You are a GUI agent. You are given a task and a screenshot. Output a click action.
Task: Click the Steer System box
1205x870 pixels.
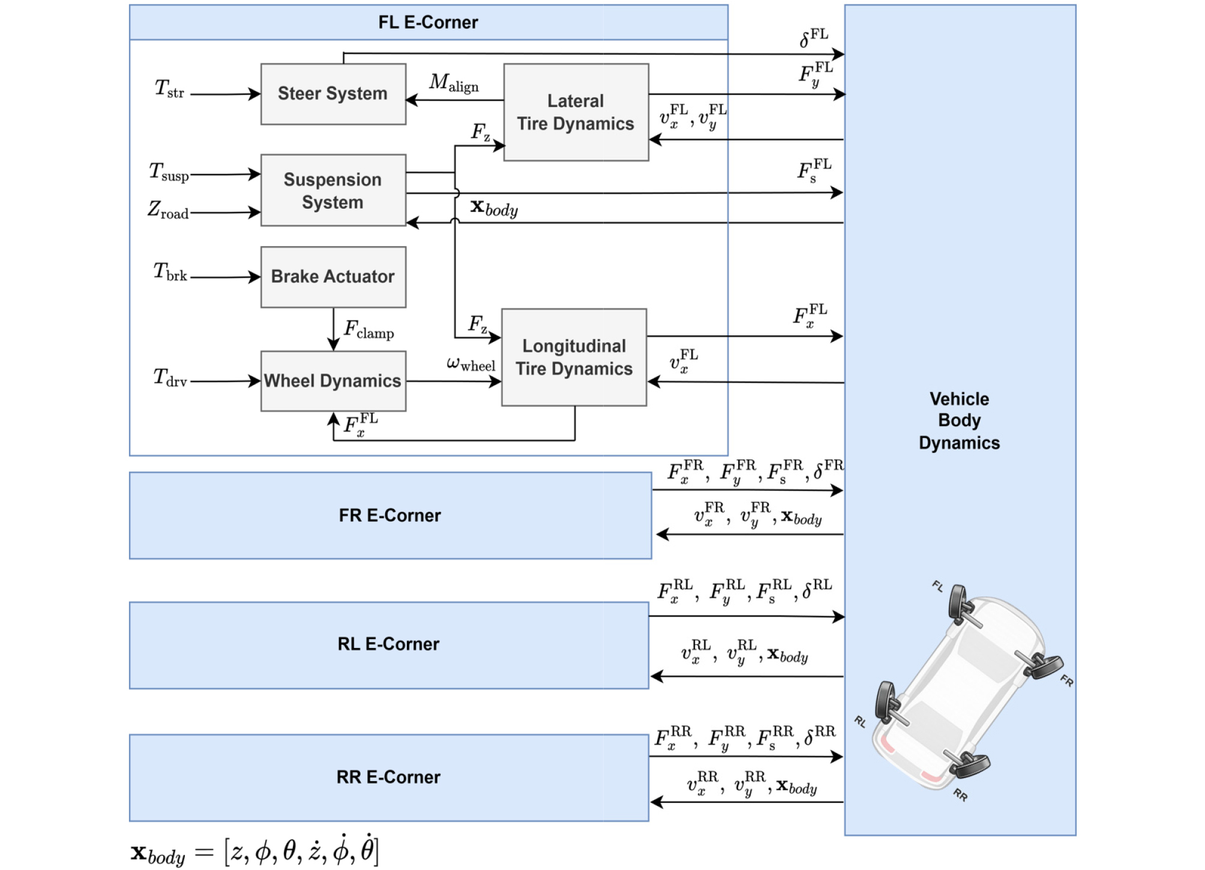pyautogui.click(x=333, y=94)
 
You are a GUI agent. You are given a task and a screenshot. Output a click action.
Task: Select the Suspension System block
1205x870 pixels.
pyautogui.click(x=333, y=190)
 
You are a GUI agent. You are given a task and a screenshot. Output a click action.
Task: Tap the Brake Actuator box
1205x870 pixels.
pyautogui.click(x=333, y=277)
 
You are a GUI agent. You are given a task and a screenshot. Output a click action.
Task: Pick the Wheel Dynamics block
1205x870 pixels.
pyautogui.click(x=333, y=381)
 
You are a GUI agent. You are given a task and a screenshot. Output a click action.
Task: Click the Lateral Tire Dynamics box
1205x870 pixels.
pyautogui.click(x=575, y=112)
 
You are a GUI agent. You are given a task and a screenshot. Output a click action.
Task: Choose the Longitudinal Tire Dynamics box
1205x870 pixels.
pyautogui.click(x=574, y=357)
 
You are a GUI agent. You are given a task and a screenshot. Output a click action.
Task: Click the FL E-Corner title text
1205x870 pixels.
pyautogui.click(x=428, y=23)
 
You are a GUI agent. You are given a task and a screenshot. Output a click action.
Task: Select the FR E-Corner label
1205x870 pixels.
pyautogui.click(x=390, y=515)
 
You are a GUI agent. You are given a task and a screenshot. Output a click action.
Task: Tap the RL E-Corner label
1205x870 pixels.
pyautogui.click(x=388, y=644)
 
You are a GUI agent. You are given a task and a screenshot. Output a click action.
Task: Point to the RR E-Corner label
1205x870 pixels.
pyautogui.click(x=388, y=778)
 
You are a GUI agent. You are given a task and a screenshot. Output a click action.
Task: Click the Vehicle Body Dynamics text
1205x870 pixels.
pyautogui.click(x=959, y=421)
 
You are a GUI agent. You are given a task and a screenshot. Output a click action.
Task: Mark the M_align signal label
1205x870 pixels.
pyautogui.click(x=454, y=83)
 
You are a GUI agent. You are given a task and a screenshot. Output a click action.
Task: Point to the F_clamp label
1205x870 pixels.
pyautogui.click(x=368, y=329)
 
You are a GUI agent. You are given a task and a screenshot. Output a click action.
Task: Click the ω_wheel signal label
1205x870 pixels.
pyautogui.click(x=470, y=364)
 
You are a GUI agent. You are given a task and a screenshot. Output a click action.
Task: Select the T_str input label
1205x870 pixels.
pyautogui.click(x=169, y=89)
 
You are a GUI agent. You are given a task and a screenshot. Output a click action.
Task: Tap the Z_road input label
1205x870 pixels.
pyautogui.click(x=168, y=209)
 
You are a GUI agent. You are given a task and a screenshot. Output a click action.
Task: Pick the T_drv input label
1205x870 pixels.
pyautogui.click(x=170, y=377)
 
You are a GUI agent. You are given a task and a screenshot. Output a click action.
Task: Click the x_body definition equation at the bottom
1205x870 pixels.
pyautogui.click(x=254, y=851)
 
